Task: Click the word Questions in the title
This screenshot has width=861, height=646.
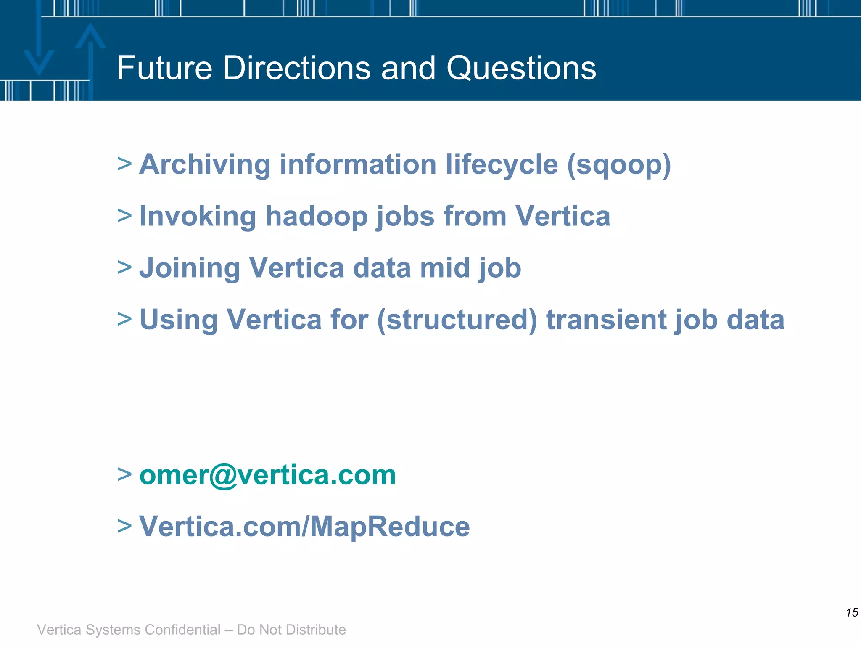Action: tap(521, 68)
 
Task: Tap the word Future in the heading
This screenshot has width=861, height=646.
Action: tap(164, 68)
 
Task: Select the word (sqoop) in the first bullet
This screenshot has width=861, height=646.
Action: tap(619, 165)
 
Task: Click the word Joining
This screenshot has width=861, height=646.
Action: tap(189, 268)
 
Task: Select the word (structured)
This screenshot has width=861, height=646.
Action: tap(457, 320)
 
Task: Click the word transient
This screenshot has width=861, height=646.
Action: tap(606, 320)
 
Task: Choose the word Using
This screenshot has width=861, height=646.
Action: tap(178, 320)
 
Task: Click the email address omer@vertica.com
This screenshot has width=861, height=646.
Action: tap(267, 475)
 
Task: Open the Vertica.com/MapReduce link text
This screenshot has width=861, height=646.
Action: tap(304, 527)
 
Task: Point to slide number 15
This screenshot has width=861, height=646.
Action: tap(852, 612)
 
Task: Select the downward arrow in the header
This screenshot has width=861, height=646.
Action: tap(39, 50)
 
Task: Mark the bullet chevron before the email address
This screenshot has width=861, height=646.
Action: tap(124, 474)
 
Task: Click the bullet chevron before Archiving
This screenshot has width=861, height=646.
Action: tap(124, 164)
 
